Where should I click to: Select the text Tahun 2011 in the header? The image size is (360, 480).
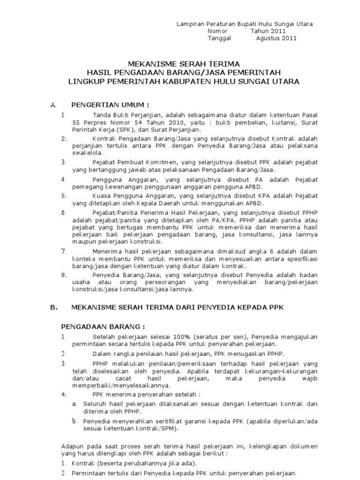pos(268,31)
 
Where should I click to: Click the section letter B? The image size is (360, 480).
pos(53,307)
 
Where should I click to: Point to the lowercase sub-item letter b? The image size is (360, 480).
pos(74,421)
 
